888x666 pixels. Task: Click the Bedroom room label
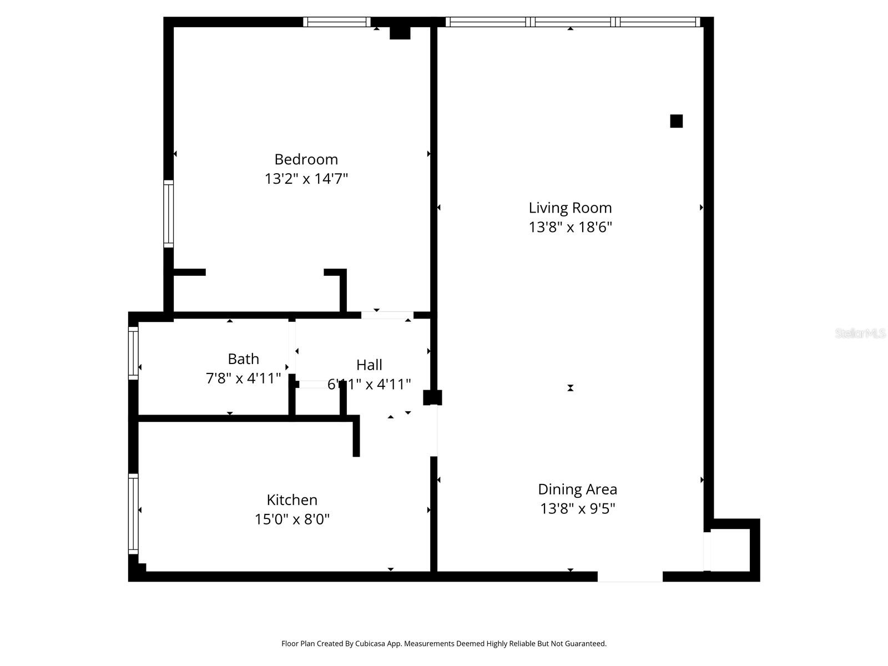(x=306, y=159)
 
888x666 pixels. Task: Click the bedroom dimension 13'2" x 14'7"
(x=306, y=179)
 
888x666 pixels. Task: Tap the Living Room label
(x=570, y=208)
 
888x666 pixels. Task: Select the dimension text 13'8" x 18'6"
(x=570, y=227)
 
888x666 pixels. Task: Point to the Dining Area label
(x=577, y=489)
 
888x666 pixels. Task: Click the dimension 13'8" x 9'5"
(x=577, y=508)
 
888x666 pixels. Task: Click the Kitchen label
(x=292, y=500)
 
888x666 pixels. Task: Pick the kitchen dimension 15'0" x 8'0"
(x=292, y=519)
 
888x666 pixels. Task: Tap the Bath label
(x=243, y=359)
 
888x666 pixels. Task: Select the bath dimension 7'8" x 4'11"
(x=243, y=378)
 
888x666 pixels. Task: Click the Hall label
(x=369, y=365)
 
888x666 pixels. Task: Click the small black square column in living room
(x=676, y=121)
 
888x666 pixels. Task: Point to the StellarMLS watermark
(x=860, y=333)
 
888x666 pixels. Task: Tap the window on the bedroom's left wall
(x=168, y=214)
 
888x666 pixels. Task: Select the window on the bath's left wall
(x=133, y=353)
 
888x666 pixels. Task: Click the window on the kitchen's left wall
(x=133, y=513)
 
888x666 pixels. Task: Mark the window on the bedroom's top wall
(x=336, y=22)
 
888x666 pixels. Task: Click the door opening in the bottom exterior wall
(x=630, y=577)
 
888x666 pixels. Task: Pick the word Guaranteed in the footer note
(x=586, y=644)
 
